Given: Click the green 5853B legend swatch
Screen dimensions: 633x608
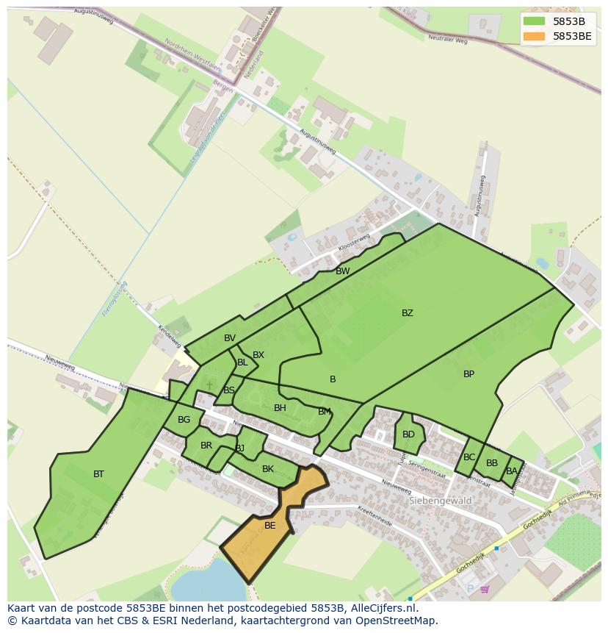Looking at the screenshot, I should (534, 21).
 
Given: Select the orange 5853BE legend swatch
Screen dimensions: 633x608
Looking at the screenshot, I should (534, 36).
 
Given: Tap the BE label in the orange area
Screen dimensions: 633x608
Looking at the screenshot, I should (269, 526).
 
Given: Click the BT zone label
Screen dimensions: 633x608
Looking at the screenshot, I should (98, 474).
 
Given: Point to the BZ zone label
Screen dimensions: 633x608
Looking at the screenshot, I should (407, 313).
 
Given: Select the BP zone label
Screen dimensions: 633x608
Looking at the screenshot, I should (468, 374).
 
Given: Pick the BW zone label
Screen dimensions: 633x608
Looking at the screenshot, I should (342, 271).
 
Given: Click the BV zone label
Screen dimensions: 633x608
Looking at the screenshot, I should (230, 338).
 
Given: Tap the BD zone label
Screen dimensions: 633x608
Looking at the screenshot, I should (408, 434).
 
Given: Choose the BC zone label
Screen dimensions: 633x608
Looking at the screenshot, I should (469, 457).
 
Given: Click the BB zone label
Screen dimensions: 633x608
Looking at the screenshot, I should (491, 463).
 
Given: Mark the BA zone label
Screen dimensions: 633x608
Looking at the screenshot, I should (511, 471).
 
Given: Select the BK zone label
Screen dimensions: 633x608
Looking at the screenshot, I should (267, 469).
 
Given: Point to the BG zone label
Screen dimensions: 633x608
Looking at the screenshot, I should (184, 421).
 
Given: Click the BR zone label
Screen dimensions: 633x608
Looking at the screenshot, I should (206, 446).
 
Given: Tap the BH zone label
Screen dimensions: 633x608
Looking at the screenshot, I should (280, 408).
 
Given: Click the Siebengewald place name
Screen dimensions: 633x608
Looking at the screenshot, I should (439, 501).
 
